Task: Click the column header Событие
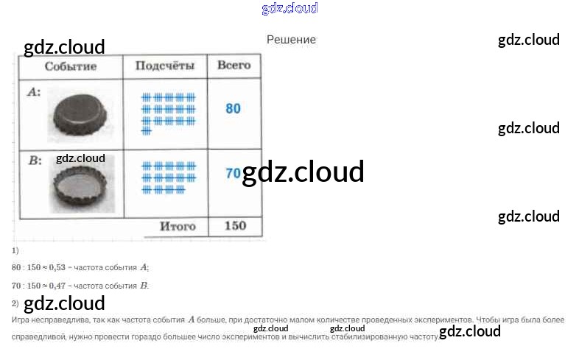coord(71,66)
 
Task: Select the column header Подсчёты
coord(165,66)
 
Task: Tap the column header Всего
coord(234,66)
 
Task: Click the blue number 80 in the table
coord(233,109)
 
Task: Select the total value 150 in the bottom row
coord(234,226)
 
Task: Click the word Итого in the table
coord(178,227)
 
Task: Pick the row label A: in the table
coord(33,93)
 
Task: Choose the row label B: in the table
coord(33,160)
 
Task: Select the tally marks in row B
coord(168,177)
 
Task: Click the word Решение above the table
coord(291,40)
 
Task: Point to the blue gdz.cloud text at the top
coord(289,9)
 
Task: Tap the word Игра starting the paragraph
coord(21,320)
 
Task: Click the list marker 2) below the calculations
coord(15,303)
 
